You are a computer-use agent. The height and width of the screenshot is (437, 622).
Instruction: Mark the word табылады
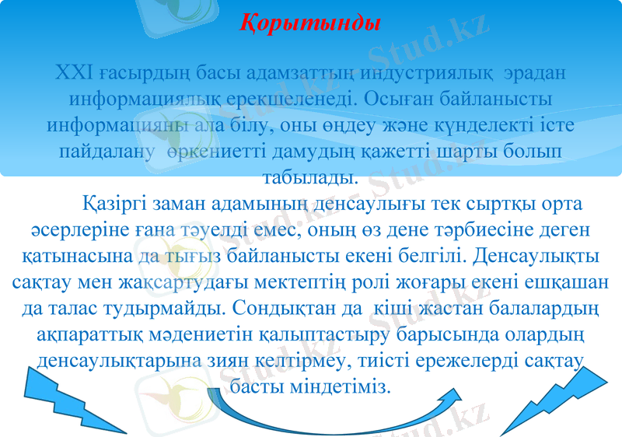coord(310,175)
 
